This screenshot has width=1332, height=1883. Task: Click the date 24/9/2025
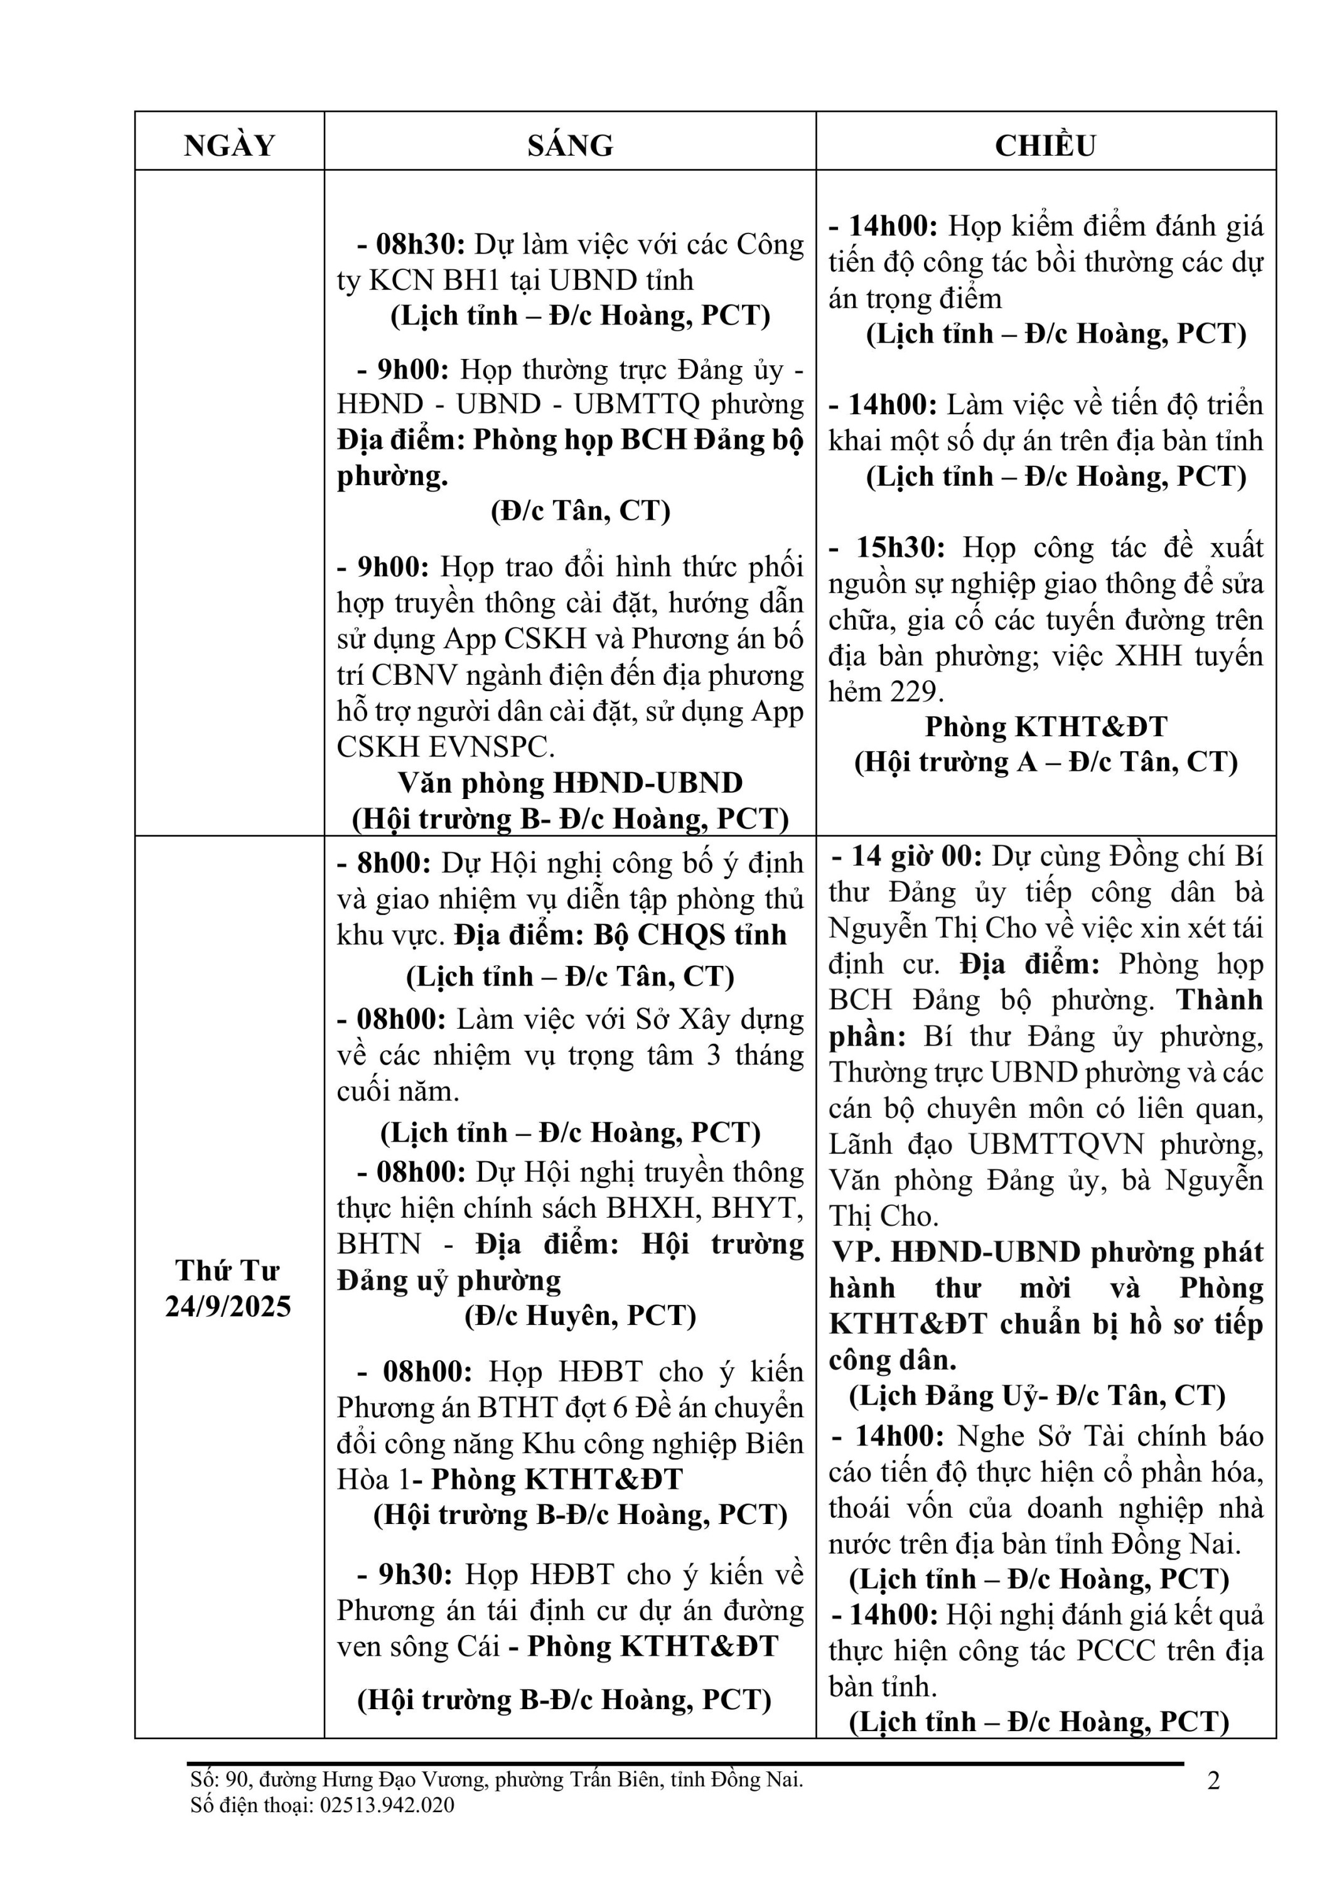[228, 1306]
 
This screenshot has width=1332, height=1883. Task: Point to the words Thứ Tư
[227, 1270]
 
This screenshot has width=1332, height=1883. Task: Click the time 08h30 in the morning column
[420, 244]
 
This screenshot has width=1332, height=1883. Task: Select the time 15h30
[900, 547]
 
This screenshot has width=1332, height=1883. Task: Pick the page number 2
[1214, 1781]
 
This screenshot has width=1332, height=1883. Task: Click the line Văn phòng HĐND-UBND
[570, 783]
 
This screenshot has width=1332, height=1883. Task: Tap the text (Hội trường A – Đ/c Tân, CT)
[1046, 762]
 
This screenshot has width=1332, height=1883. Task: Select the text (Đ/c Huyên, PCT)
[580, 1316]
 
